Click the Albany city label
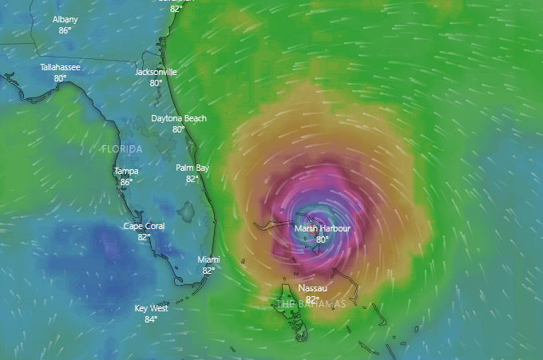pyautogui.click(x=65, y=19)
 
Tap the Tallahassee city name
pyautogui.click(x=60, y=67)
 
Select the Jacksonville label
pyautogui.click(x=156, y=72)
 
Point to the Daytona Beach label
pyautogui.click(x=179, y=118)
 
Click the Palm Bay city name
pyautogui.click(x=192, y=168)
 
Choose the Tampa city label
pyautogui.click(x=126, y=171)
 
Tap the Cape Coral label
pyautogui.click(x=144, y=226)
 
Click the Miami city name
pyautogui.click(x=208, y=259)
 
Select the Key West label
pyautogui.click(x=151, y=308)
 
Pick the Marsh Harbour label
pyautogui.click(x=323, y=228)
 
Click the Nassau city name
pyautogui.click(x=311, y=287)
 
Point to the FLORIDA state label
pyautogui.click(x=122, y=149)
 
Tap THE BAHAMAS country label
pyautogui.click(x=311, y=304)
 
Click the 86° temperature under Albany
pyautogui.click(x=65, y=30)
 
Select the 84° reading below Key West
pyautogui.click(x=151, y=319)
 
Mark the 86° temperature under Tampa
pyautogui.click(x=126, y=182)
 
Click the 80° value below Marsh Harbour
pyautogui.click(x=323, y=239)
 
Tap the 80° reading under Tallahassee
pyautogui.click(x=60, y=78)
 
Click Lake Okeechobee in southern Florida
pyautogui.click(x=187, y=212)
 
